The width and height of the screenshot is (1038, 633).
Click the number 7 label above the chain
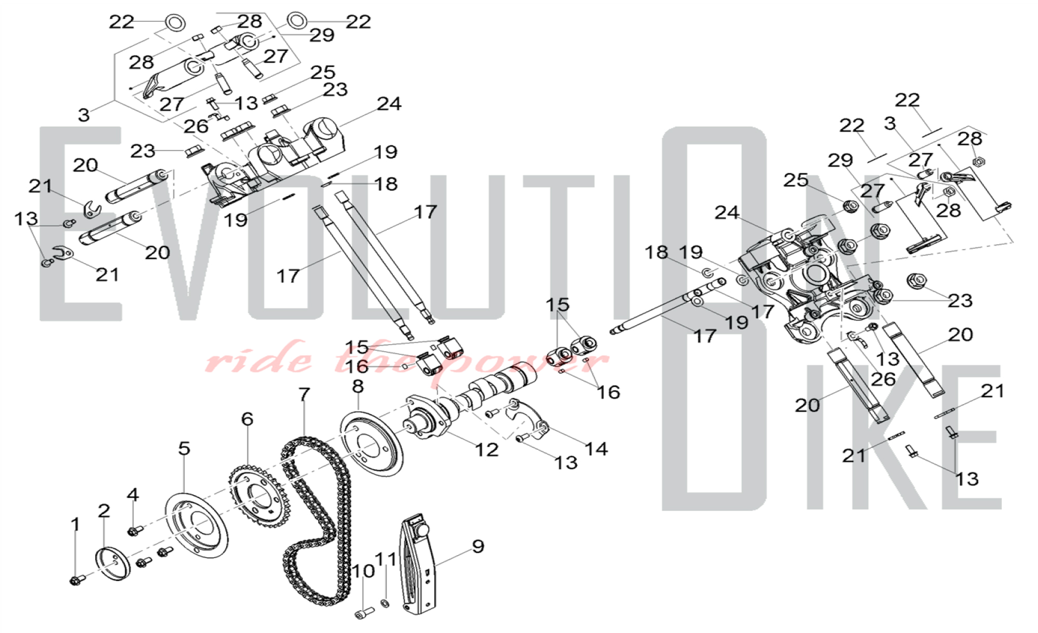point(304,395)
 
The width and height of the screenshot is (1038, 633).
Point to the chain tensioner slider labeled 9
point(418,563)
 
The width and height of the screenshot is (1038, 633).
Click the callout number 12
point(486,450)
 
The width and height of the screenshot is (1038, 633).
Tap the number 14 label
point(596,449)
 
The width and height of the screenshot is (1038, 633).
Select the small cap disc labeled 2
point(112,563)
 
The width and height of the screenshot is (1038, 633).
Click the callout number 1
point(76,525)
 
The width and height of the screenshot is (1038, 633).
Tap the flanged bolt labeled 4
point(135,530)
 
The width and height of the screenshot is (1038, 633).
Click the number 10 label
point(363,571)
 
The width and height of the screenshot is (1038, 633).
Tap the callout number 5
point(184,448)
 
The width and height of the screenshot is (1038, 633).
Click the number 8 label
point(358,387)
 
